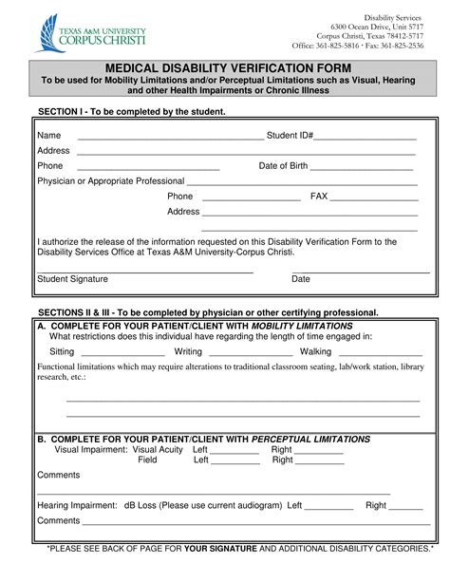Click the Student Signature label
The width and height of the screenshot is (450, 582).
(72, 279)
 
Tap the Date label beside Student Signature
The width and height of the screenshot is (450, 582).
(301, 279)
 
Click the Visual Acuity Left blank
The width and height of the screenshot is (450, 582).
(234, 451)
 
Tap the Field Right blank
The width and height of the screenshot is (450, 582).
(320, 461)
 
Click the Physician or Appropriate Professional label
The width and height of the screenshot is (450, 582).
(110, 180)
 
